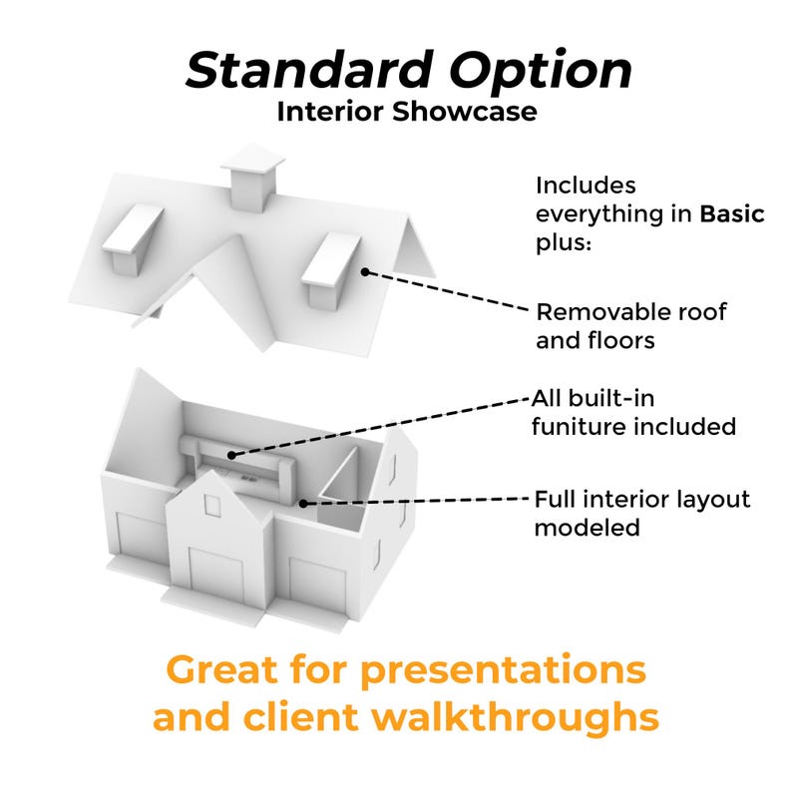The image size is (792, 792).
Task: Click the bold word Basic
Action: point(731,214)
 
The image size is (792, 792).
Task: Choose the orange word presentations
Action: point(503,669)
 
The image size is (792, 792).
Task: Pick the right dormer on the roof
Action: point(329,269)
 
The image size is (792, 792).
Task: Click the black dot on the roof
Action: point(366,270)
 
